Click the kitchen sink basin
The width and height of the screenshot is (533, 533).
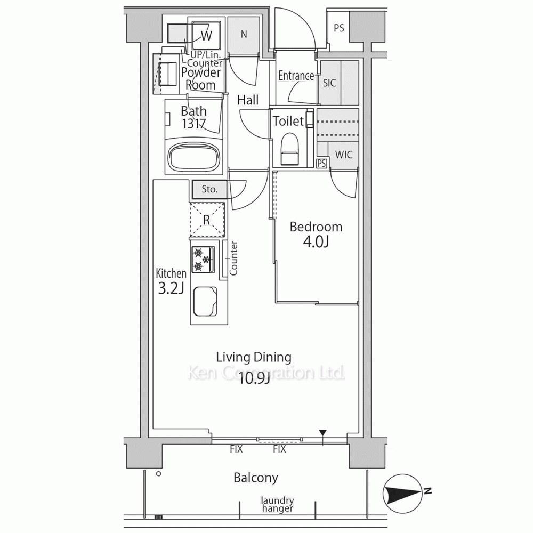(205, 302)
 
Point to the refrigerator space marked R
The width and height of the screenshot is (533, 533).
(207, 220)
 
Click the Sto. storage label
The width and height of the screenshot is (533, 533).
(209, 189)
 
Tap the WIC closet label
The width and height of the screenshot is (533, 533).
(344, 155)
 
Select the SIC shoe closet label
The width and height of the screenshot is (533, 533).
(329, 83)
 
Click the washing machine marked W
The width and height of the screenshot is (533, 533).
(206, 36)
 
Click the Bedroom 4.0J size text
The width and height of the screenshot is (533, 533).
(316, 242)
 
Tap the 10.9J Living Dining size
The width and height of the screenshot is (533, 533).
(254, 378)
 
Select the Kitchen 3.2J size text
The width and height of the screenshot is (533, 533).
(171, 288)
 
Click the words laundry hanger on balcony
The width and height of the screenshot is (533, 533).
(277, 504)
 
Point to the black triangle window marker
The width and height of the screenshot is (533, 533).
(322, 433)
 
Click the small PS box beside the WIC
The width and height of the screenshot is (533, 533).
(321, 164)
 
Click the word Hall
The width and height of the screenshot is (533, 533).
(248, 100)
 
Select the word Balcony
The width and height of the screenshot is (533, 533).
(256, 478)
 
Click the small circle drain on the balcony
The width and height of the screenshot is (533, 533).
(158, 474)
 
